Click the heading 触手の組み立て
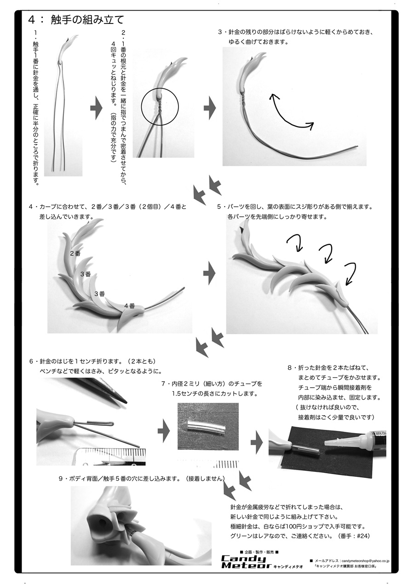click(x=76, y=20)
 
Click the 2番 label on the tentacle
click(x=75, y=253)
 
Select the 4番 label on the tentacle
click(x=129, y=305)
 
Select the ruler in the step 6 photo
click(x=113, y=456)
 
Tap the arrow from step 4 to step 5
click(x=210, y=274)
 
